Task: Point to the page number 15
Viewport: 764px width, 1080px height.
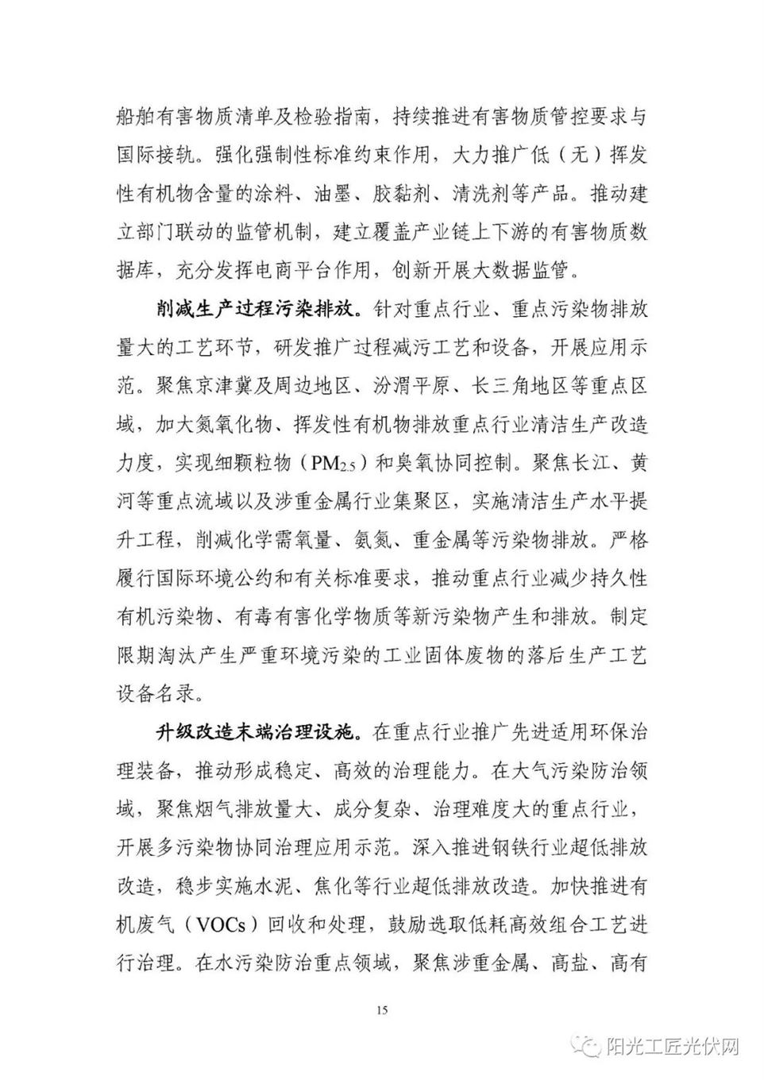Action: click(382, 1010)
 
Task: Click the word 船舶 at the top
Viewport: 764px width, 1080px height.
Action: click(136, 118)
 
